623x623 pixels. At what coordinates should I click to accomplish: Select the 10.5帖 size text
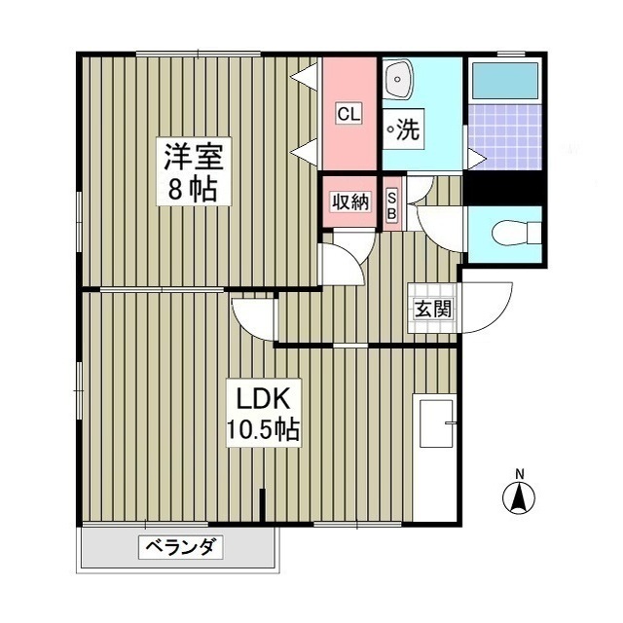coord(263,427)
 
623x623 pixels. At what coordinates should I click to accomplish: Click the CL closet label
coord(348,114)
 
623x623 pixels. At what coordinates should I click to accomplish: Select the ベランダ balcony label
coord(181,547)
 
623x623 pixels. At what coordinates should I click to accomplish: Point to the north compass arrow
coord(519,498)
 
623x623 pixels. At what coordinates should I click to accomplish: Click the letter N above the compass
coord(519,474)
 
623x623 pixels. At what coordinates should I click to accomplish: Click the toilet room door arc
coord(437,232)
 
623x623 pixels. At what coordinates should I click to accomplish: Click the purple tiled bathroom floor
coord(505,136)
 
